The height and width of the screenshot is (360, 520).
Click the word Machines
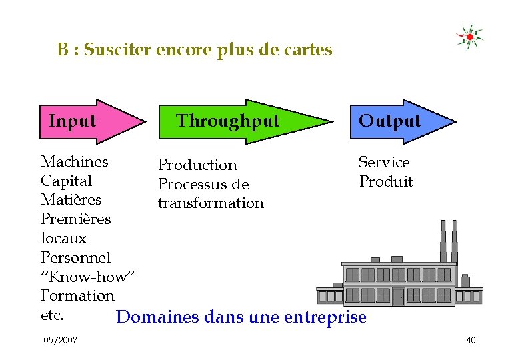pos(75,161)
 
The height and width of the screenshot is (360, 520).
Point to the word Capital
pos(66,181)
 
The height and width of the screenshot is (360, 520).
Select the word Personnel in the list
pos(75,257)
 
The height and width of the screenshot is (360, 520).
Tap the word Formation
pos(77,295)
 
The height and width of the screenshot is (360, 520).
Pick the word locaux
pos(63,238)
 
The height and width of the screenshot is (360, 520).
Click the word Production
pos(197,165)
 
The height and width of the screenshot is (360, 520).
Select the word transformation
pos(211,203)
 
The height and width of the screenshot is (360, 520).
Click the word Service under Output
pos(384,162)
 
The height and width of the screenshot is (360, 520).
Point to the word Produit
pos(386,181)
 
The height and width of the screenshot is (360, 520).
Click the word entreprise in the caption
pos(325,317)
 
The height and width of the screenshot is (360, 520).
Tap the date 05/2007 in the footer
pos(60,341)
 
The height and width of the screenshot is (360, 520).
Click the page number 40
pos(471,341)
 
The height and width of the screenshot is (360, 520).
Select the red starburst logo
pos(469,37)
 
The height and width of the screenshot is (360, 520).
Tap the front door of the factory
pos(398,296)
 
